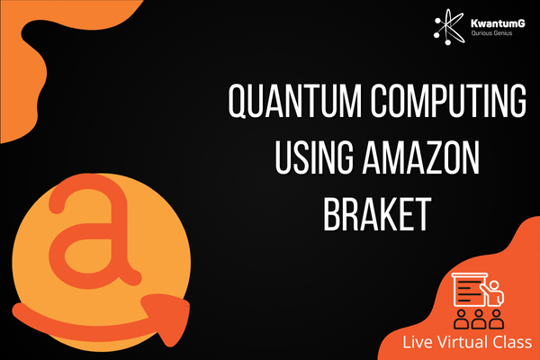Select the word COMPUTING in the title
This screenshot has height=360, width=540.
pyautogui.click(x=449, y=101)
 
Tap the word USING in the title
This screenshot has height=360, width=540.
pyautogui.click(x=314, y=157)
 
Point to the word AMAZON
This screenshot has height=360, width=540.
pyautogui.click(x=421, y=157)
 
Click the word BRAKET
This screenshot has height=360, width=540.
pyautogui.click(x=377, y=214)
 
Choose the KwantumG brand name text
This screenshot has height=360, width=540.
pyautogui.click(x=498, y=23)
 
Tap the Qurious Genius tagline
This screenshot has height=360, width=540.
pyautogui.click(x=491, y=33)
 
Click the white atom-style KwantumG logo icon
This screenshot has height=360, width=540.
pyautogui.click(x=449, y=27)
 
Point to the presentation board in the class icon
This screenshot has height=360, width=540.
pyautogui.click(x=469, y=290)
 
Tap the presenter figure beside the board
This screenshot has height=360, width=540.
pyautogui.click(x=494, y=293)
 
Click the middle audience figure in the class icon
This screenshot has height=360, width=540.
pyautogui.click(x=479, y=319)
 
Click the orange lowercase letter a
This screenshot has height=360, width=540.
pyautogui.click(x=94, y=230)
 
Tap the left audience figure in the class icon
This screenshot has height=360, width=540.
pyautogui.click(x=461, y=319)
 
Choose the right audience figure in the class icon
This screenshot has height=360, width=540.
pyautogui.click(x=496, y=319)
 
